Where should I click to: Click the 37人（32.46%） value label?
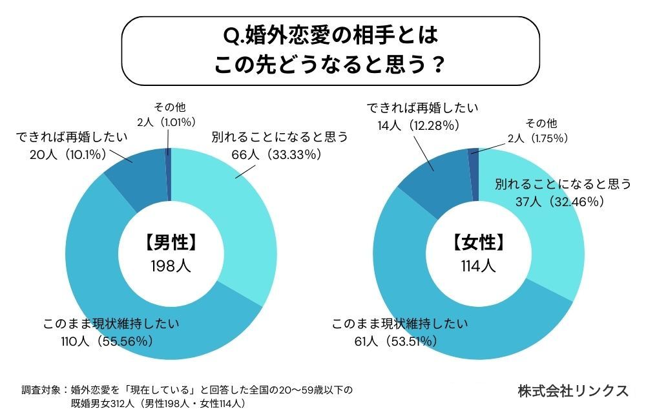pyautogui.click(x=562, y=201)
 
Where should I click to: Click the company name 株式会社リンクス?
pyautogui.click(x=572, y=391)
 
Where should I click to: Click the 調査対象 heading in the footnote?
pyautogui.click(x=39, y=390)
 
